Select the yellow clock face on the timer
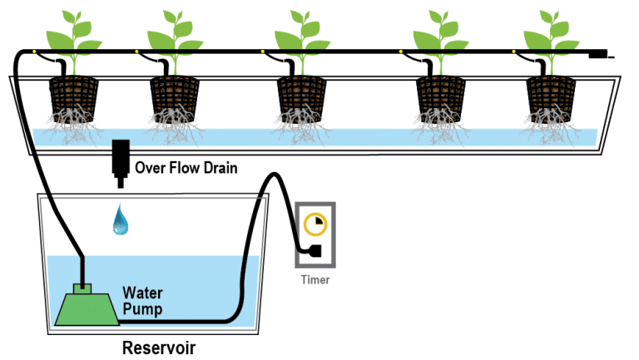(x=315, y=224)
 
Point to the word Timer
(x=315, y=279)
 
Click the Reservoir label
(x=159, y=347)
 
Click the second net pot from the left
(x=173, y=98)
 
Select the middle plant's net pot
(x=302, y=98)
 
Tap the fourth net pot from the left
(x=440, y=98)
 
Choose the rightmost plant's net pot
(x=552, y=98)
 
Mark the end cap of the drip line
(x=597, y=56)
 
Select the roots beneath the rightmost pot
(x=552, y=129)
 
